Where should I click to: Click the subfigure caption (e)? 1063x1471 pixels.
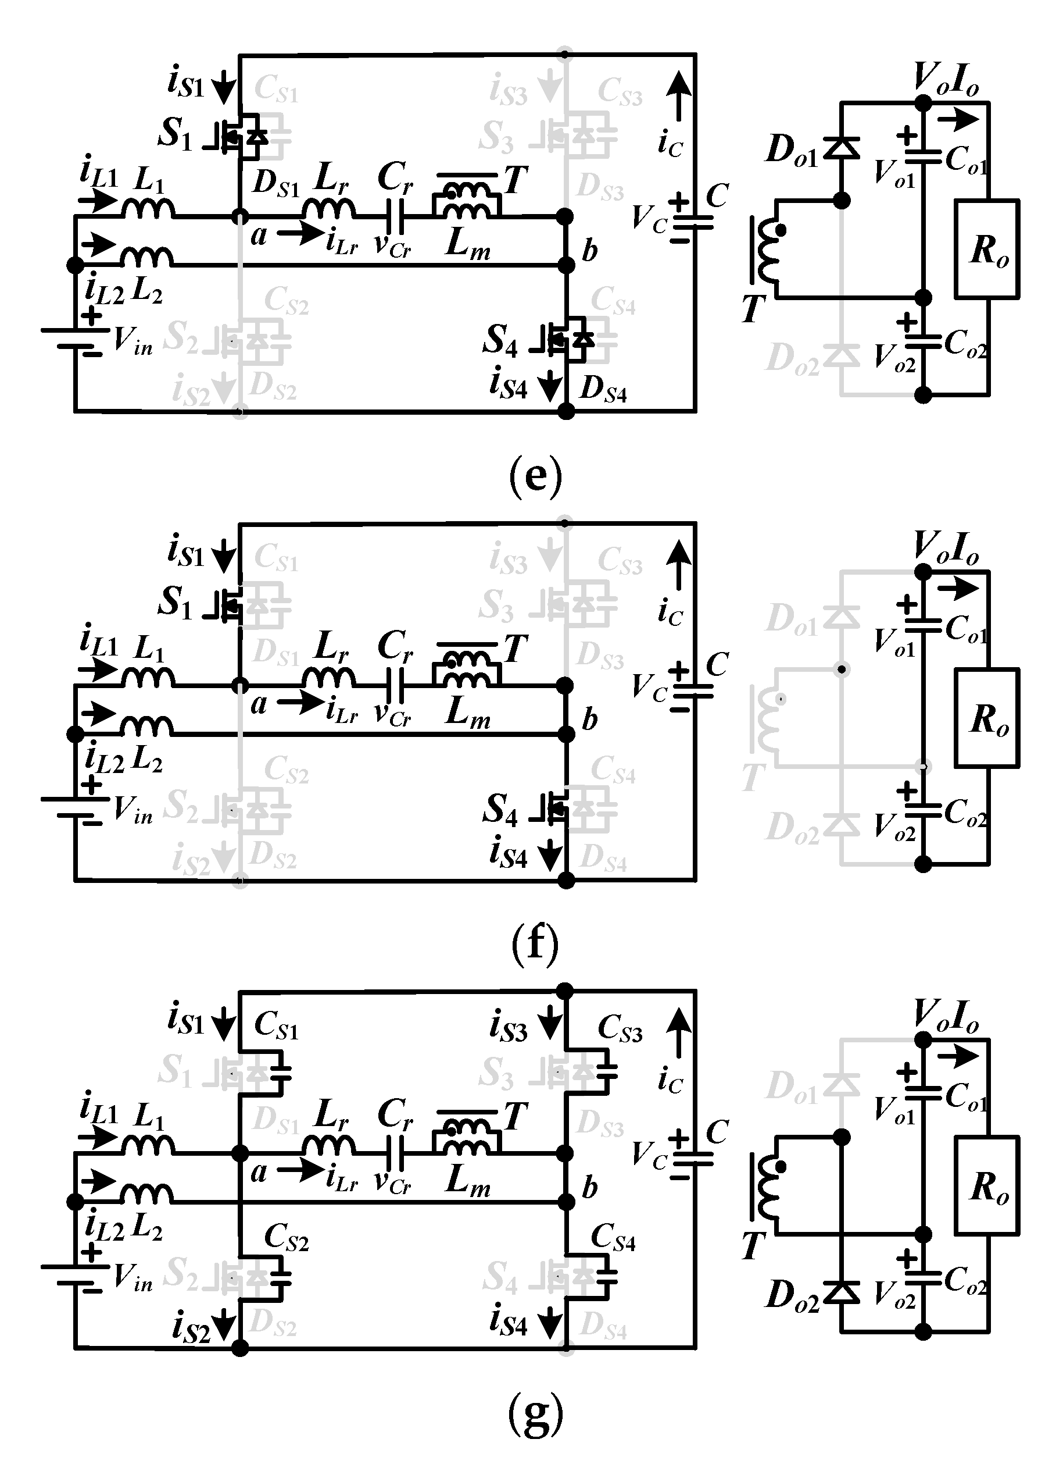point(535,475)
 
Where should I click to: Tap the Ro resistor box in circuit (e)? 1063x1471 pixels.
point(986,249)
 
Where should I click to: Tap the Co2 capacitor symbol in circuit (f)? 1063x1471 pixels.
point(923,810)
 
